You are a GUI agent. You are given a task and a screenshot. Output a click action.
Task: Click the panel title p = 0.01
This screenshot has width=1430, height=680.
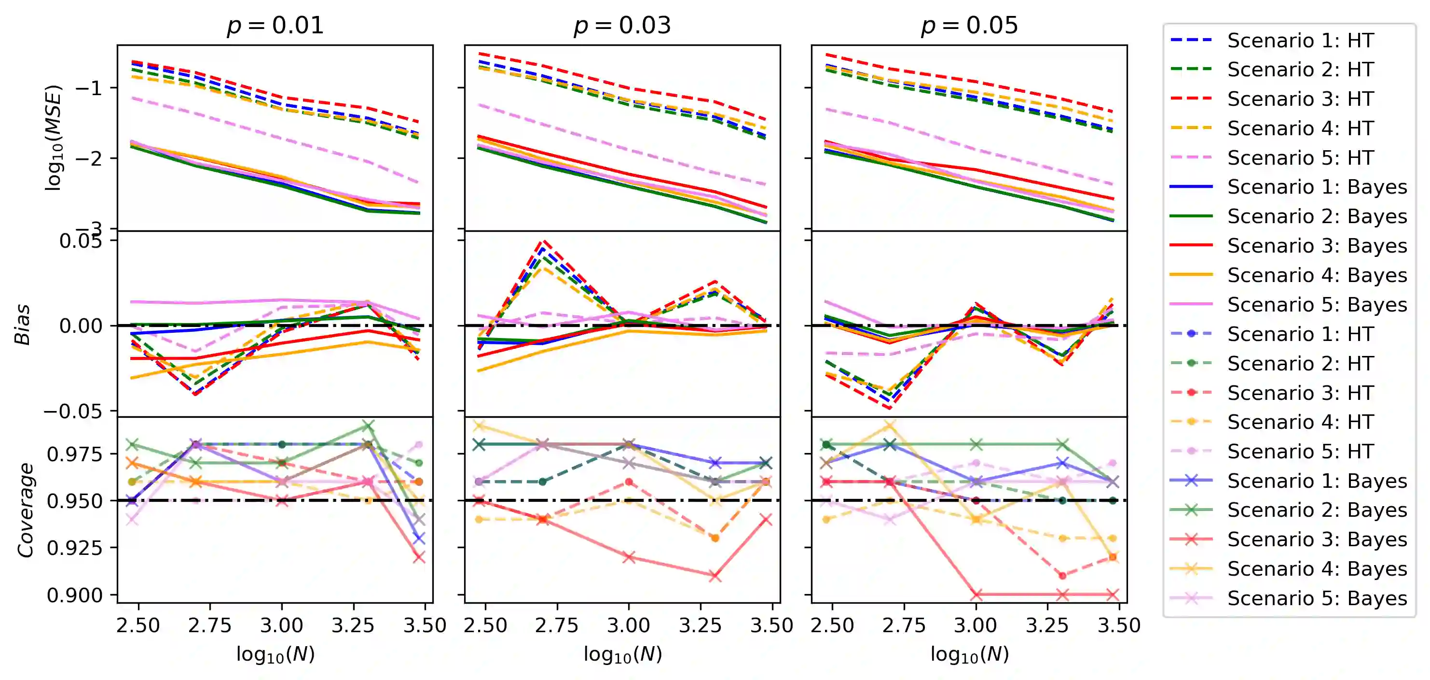pos(275,25)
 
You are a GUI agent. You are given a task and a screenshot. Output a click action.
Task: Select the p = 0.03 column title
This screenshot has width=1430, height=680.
pos(622,25)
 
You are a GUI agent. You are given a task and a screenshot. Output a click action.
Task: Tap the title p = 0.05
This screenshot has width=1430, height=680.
pos(969,25)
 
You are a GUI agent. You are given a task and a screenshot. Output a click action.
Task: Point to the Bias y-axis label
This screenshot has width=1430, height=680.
pos(22,325)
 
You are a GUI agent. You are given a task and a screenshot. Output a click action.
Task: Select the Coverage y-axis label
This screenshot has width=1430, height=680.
pos(26,510)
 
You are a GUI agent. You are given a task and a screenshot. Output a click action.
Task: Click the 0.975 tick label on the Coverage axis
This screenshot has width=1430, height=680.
pos(75,454)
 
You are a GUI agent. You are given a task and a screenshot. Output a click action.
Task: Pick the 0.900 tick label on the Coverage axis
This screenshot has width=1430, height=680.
pos(75,595)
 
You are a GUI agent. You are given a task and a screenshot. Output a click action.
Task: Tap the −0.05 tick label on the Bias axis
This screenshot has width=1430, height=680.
pos(73,411)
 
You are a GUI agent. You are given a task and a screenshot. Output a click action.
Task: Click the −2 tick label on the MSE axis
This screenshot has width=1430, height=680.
pos(89,158)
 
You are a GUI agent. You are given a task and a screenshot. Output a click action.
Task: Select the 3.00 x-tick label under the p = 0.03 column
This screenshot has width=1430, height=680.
pos(629,625)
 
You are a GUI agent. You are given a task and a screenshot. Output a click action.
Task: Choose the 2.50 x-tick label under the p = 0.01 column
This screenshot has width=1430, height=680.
pos(138,625)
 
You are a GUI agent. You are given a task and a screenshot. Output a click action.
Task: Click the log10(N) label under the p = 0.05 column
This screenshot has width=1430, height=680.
pos(969,654)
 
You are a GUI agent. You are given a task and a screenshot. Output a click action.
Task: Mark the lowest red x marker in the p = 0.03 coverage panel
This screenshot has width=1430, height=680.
pos(715,576)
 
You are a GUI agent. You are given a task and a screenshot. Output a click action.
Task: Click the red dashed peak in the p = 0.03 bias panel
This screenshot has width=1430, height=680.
pos(544,241)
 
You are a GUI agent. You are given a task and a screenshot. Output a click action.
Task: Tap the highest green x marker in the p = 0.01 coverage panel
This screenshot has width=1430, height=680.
pos(368,426)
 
